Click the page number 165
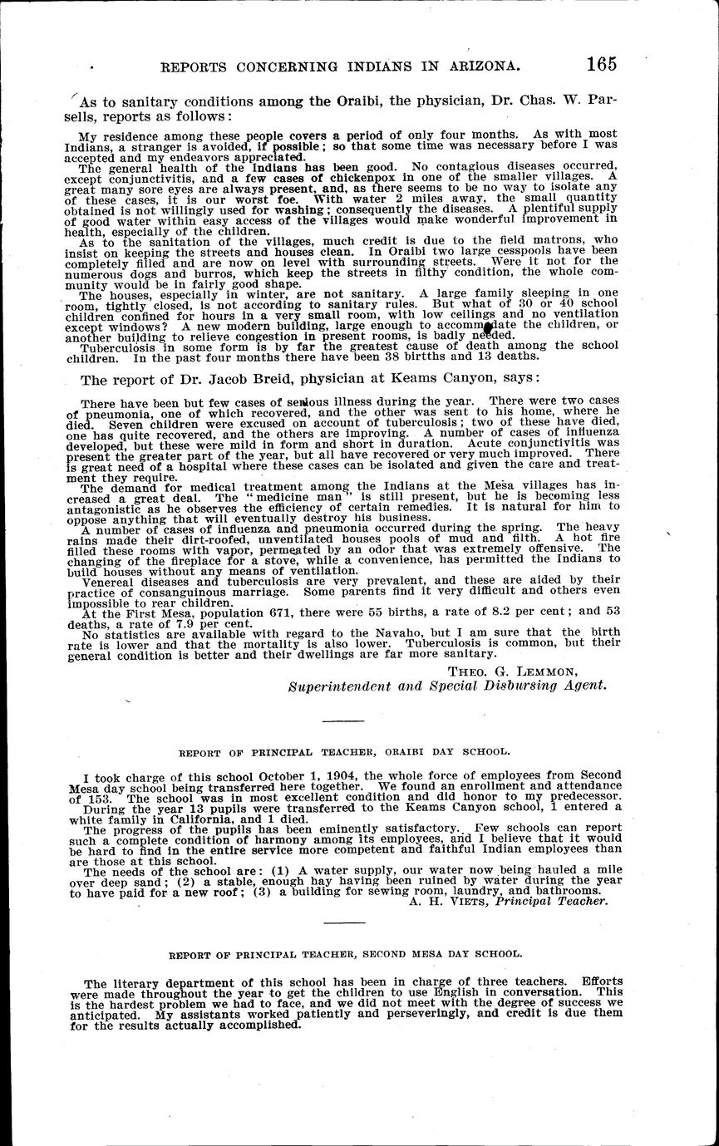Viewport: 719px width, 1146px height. [601, 64]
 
